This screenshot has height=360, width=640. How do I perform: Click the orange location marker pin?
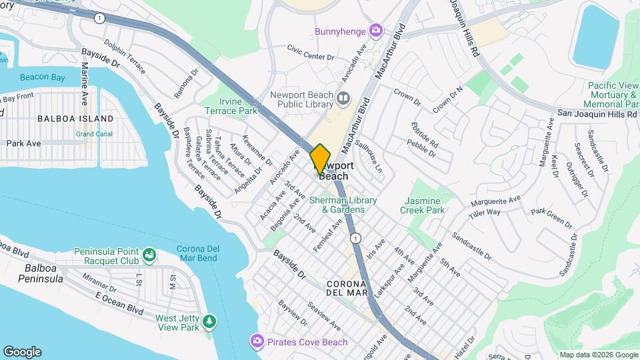pos(321,159)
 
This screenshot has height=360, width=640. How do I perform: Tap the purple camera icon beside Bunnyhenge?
pos(376,30)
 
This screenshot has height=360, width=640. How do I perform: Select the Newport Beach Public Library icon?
pos(343,99)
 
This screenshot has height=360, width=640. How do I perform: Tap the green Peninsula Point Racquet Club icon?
pos(149,254)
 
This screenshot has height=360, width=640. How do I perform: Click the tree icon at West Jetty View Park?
pos(210,323)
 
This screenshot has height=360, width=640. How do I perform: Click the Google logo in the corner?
pos(22,352)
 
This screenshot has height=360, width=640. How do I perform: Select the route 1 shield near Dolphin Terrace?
pos(99,19)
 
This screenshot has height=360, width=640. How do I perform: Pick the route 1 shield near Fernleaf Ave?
pos(357,238)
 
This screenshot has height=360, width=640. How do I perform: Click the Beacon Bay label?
pos(42,78)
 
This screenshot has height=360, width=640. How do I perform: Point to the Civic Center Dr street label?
pos(310,53)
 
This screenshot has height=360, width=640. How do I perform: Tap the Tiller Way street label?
pos(485,212)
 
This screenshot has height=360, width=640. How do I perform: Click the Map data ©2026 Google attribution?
pos(597,355)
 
